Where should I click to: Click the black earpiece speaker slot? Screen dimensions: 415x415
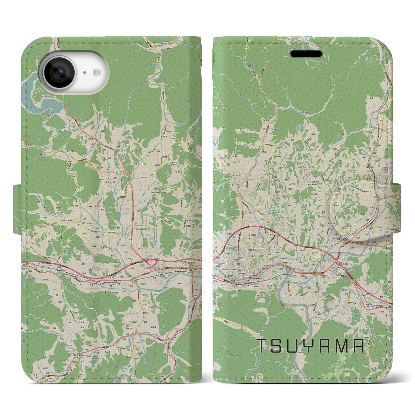click(x=306, y=53)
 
